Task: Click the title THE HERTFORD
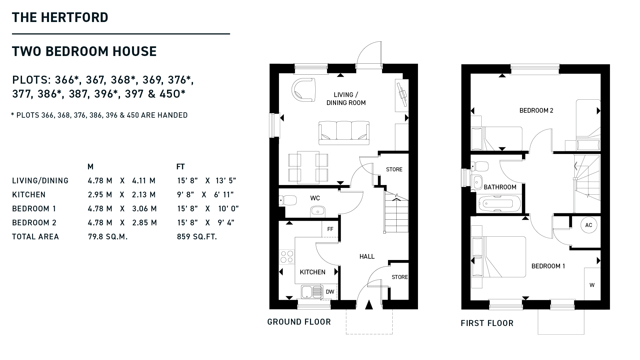pos(60,17)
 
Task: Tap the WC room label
pos(315,198)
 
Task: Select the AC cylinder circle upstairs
pos(589,225)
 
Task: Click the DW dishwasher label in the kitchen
pos(330,292)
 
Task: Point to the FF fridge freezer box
pos(330,229)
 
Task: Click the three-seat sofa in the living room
pos(344,133)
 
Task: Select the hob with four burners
pos(287,257)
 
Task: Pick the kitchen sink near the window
pos(312,292)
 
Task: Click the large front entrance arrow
pos(369,305)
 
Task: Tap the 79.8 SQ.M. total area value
pos(108,237)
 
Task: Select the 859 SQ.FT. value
pos(197,237)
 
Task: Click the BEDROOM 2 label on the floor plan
pos(536,110)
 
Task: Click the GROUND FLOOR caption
pos(299,322)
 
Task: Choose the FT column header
pos(180,167)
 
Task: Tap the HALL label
pos(367,256)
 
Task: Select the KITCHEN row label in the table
pos(29,195)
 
